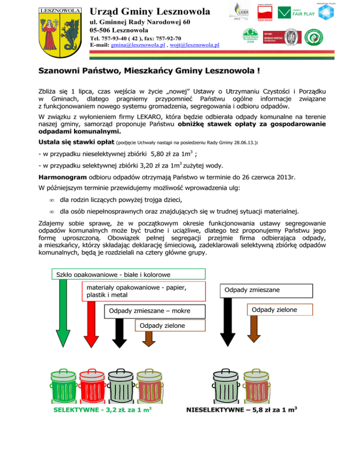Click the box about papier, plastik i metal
coord(144,291)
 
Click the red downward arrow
coord(91,327)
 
